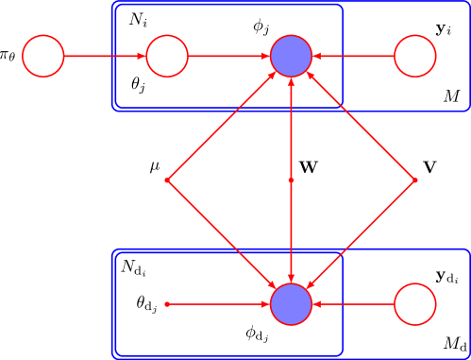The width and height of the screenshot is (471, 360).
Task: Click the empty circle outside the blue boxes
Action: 42,56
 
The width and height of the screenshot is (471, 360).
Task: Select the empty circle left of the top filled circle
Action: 167,56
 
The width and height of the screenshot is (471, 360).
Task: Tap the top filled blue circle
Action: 291,56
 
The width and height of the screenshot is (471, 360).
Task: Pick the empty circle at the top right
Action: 414,56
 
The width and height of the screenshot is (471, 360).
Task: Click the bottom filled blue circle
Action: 291,304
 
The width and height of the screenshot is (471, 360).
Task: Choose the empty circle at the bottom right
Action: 414,304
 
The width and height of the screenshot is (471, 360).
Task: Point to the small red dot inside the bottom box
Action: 167,304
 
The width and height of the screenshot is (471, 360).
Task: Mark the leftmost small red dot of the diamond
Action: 167,180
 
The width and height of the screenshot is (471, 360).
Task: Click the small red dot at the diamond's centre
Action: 291,180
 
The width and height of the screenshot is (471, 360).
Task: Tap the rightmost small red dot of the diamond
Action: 414,180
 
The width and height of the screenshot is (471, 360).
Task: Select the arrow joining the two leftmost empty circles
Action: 104,56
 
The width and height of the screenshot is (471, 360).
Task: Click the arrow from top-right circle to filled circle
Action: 353,56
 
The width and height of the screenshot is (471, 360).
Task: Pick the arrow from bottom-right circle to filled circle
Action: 353,304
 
